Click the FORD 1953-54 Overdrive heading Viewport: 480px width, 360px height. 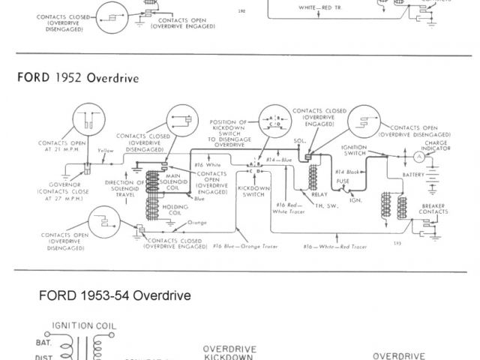tap(115, 295)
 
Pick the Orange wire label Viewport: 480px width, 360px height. tap(197, 223)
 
